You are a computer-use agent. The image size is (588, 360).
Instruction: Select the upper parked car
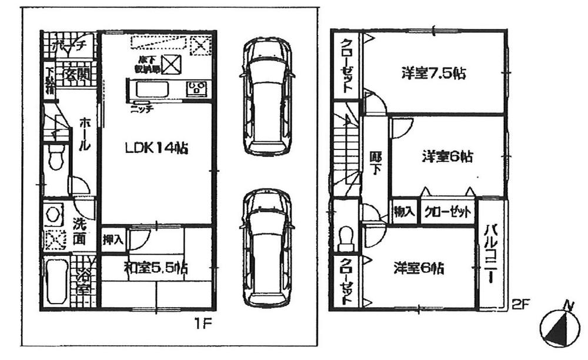pos(268,97)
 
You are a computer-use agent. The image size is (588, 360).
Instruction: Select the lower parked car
pos(268,247)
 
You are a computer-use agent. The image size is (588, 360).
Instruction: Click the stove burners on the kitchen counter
pos(195,90)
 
